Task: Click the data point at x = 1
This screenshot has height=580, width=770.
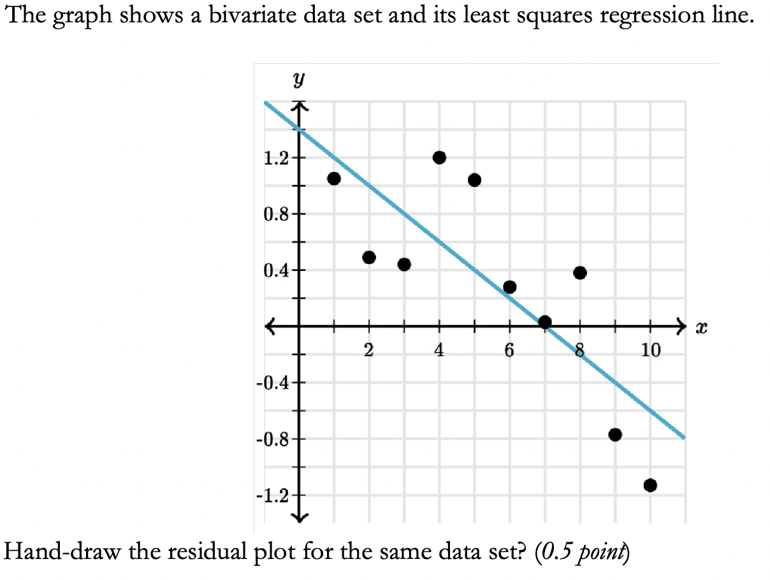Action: pos(333,178)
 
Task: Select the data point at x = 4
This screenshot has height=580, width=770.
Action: pos(439,157)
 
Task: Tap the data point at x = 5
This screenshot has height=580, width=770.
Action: pos(474,180)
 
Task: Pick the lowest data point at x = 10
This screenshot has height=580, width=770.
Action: pos(650,486)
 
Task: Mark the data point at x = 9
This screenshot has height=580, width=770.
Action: pos(615,435)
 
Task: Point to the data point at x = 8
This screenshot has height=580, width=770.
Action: pos(579,273)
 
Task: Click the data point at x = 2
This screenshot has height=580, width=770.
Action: pos(368,257)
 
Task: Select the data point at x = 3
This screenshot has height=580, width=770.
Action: pos(403,265)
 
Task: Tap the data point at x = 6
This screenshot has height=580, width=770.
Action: pos(509,287)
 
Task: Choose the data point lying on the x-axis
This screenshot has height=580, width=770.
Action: pos(544,322)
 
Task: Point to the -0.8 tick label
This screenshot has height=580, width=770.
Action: pos(271,439)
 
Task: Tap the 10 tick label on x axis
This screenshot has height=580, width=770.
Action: pos(651,350)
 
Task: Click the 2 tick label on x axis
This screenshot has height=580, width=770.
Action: pos(369,350)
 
